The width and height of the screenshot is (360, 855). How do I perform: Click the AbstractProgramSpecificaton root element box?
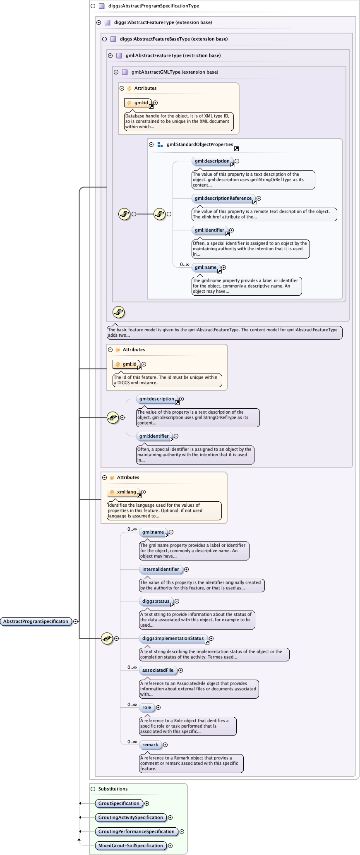[36, 621]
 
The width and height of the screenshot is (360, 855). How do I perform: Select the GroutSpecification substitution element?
[119, 803]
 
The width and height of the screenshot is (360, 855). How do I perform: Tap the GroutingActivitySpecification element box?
[130, 817]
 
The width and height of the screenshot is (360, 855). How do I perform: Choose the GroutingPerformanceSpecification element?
[136, 831]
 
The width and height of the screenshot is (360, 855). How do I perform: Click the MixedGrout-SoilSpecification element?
[130, 845]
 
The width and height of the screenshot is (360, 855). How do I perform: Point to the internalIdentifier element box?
[161, 569]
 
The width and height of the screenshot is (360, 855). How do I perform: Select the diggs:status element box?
[156, 601]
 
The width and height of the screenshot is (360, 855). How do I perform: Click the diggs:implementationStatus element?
[173, 638]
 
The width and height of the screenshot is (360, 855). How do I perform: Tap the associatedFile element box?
[158, 670]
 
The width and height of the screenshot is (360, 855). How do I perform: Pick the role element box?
[146, 707]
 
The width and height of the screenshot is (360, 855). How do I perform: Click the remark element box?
[150, 745]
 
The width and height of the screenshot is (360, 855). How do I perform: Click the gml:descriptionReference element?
[223, 198]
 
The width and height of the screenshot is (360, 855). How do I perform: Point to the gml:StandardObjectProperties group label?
[200, 144]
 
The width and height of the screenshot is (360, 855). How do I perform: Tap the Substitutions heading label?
[113, 789]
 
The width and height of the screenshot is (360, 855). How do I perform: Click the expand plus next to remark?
[165, 745]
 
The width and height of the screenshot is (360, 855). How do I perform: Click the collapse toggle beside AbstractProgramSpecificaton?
[76, 621]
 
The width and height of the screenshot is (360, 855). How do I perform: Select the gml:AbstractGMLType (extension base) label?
[175, 72]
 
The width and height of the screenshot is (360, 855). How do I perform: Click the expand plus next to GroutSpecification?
[146, 803]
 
